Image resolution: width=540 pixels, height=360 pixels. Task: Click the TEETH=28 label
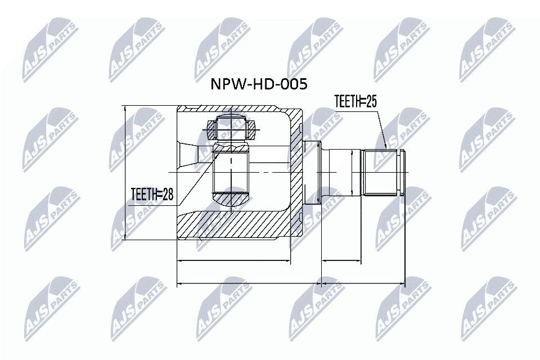(152, 195)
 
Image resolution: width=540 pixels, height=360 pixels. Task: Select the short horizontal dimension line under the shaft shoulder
(341, 261)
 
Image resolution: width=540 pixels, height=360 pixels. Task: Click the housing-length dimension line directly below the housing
(233, 261)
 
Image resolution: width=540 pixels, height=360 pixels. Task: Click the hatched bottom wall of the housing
(236, 225)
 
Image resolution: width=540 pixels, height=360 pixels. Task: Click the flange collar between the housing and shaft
(312, 172)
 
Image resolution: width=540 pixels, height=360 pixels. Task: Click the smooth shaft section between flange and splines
(344, 172)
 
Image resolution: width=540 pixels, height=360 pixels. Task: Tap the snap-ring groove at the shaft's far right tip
(402, 172)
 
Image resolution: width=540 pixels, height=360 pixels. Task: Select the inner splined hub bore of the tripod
(231, 172)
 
